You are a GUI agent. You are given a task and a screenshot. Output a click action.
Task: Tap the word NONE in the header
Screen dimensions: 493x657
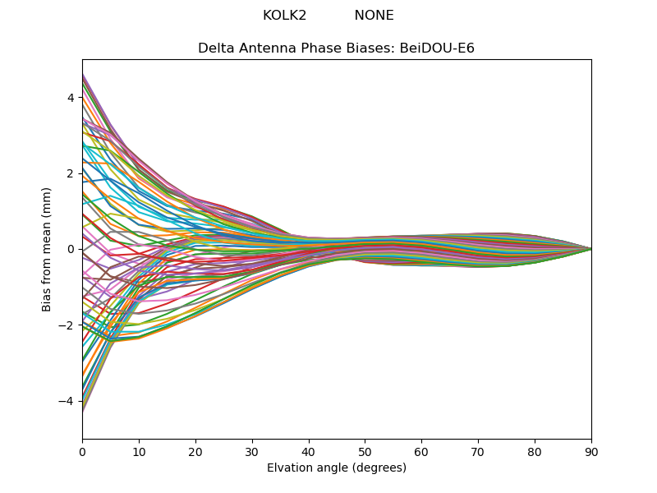(374, 16)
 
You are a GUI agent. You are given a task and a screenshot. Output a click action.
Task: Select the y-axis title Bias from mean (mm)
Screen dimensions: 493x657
(48, 249)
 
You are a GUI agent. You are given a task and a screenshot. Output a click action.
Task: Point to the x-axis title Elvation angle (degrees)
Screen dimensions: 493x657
(336, 468)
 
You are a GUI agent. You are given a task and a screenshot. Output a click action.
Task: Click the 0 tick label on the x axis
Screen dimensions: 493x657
(82, 451)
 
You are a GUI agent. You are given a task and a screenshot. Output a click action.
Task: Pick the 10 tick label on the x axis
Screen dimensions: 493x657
(139, 451)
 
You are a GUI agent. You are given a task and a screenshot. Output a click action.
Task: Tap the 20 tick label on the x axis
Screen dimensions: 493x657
(195, 451)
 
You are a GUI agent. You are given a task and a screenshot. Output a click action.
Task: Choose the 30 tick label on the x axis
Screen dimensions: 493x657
(252, 451)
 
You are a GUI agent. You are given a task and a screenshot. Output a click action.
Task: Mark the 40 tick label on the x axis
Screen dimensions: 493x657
(309, 451)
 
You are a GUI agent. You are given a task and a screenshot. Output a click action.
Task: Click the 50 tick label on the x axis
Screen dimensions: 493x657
(365, 451)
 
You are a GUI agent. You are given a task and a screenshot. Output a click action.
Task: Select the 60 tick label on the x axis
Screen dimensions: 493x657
(421, 451)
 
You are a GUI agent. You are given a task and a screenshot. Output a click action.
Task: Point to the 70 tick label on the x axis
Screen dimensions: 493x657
(478, 451)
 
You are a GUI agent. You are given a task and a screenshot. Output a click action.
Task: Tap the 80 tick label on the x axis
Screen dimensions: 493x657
(535, 451)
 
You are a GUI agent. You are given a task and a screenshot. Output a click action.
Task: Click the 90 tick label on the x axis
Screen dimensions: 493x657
(591, 451)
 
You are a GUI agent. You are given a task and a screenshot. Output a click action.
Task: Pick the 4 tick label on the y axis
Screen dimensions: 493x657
(71, 98)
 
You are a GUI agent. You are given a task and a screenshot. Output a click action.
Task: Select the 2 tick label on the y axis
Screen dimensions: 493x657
(71, 173)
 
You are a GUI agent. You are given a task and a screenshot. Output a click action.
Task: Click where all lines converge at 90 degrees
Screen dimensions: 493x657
(590, 249)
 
